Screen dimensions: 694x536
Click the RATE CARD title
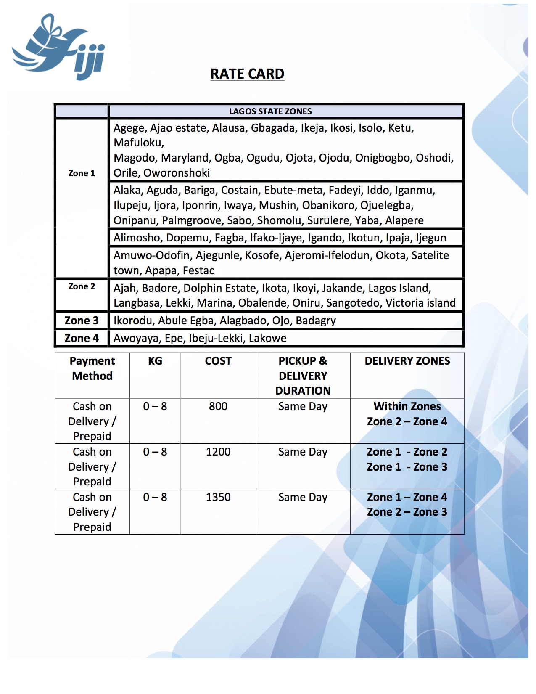pyautogui.click(x=247, y=74)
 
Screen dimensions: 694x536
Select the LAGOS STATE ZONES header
pyautogui.click(x=270, y=111)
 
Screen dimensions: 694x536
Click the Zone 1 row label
pyautogui.click(x=82, y=173)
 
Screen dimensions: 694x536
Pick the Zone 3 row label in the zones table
pyautogui.click(x=82, y=321)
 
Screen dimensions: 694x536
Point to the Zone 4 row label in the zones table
pyautogui.click(x=82, y=338)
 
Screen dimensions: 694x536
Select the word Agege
pyautogui.click(x=129, y=128)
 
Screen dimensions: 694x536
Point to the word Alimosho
pyautogui.click(x=137, y=238)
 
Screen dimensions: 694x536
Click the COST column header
pyautogui.click(x=218, y=361)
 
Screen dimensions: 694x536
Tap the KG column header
pyautogui.click(x=155, y=361)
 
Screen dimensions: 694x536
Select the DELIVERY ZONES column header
pyautogui.click(x=407, y=361)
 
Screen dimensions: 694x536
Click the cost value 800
pyautogui.click(x=218, y=406)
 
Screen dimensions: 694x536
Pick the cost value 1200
pyautogui.click(x=218, y=452)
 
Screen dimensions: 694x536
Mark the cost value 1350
pyautogui.click(x=218, y=497)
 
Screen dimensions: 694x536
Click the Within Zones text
pyautogui.click(x=407, y=406)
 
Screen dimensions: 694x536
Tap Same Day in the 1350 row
pyautogui.click(x=303, y=497)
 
